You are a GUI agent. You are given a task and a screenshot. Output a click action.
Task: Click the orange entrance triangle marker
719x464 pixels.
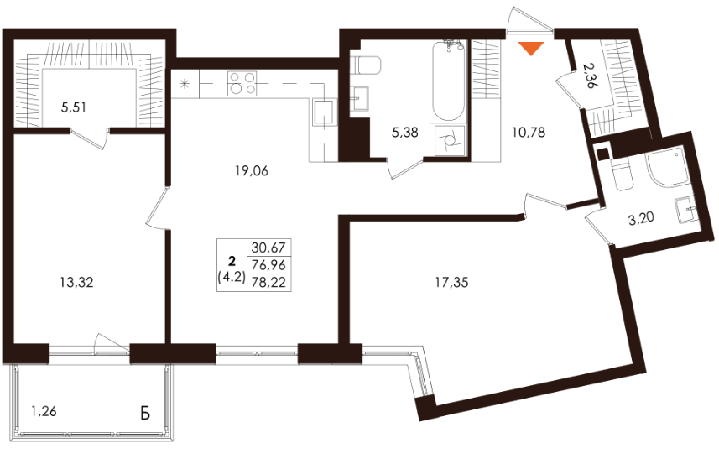[531, 48]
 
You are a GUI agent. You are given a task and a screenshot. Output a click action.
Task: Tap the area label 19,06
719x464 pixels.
[252, 171]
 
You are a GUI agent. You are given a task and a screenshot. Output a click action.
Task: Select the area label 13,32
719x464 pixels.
[76, 283]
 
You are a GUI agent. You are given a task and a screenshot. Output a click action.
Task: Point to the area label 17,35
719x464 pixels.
[451, 283]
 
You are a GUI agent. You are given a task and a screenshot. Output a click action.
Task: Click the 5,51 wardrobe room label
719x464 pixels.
[74, 107]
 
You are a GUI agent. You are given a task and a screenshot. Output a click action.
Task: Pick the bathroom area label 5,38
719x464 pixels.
[405, 133]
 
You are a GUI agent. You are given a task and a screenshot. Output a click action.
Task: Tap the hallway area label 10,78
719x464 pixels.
[529, 133]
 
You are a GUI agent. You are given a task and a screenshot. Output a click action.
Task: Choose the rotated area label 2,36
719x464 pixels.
[591, 76]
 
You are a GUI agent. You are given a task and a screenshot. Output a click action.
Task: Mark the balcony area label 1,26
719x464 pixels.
[44, 411]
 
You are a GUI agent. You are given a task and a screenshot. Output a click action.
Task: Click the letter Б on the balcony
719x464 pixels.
[145, 413]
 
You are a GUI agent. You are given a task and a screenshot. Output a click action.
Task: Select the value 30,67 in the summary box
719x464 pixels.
[268, 248]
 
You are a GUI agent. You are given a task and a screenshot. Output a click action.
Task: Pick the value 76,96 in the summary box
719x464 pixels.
[268, 265]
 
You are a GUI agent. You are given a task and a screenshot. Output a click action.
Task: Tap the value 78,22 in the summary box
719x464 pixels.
[268, 283]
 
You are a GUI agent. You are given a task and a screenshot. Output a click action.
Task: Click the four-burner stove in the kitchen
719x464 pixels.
[242, 83]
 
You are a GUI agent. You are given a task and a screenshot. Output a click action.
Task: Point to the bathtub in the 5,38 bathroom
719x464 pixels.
[448, 81]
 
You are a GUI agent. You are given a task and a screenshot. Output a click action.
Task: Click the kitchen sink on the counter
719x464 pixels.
[325, 112]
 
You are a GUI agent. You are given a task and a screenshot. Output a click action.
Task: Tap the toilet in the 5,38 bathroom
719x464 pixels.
[366, 65]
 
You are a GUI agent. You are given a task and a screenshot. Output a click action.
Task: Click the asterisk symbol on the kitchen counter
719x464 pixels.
[185, 84]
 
